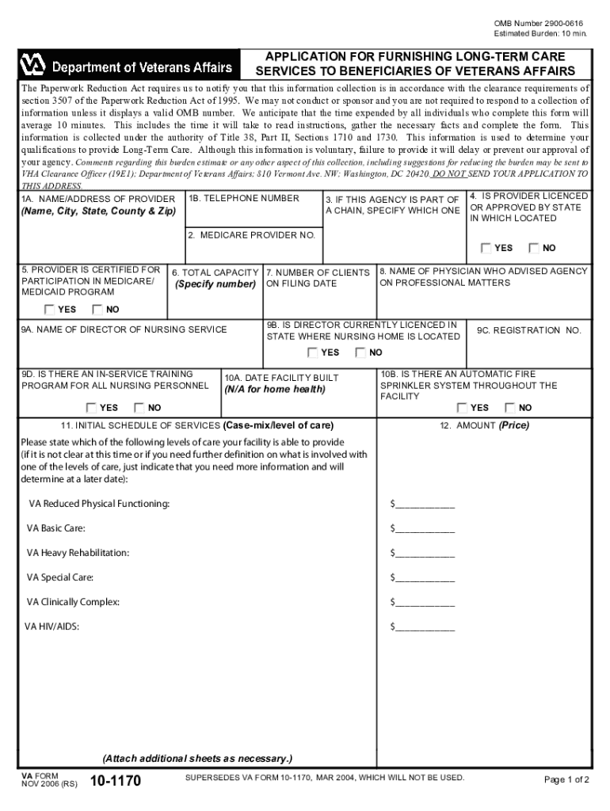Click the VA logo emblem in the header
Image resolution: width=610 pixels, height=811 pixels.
tap(34, 64)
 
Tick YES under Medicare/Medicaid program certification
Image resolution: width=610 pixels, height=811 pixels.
tap(50, 310)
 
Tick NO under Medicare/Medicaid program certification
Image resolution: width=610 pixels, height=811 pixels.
tap(97, 310)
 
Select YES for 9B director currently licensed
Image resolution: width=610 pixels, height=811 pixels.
tap(313, 352)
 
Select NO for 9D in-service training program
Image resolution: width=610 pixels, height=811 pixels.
tap(139, 408)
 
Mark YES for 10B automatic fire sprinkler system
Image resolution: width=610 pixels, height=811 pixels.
tap(462, 408)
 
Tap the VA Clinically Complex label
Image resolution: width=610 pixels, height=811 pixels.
tap(74, 602)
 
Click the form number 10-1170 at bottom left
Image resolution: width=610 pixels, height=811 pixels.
tap(115, 782)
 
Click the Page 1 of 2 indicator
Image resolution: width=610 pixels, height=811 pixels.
tap(566, 779)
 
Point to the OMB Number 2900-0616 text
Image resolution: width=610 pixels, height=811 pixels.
tap(539, 24)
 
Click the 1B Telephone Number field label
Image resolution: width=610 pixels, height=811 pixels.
tap(244, 199)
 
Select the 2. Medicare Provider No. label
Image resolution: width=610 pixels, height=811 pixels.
tap(251, 235)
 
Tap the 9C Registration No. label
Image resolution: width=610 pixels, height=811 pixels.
tap(528, 330)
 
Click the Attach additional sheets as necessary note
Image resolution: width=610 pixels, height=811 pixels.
tap(197, 756)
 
